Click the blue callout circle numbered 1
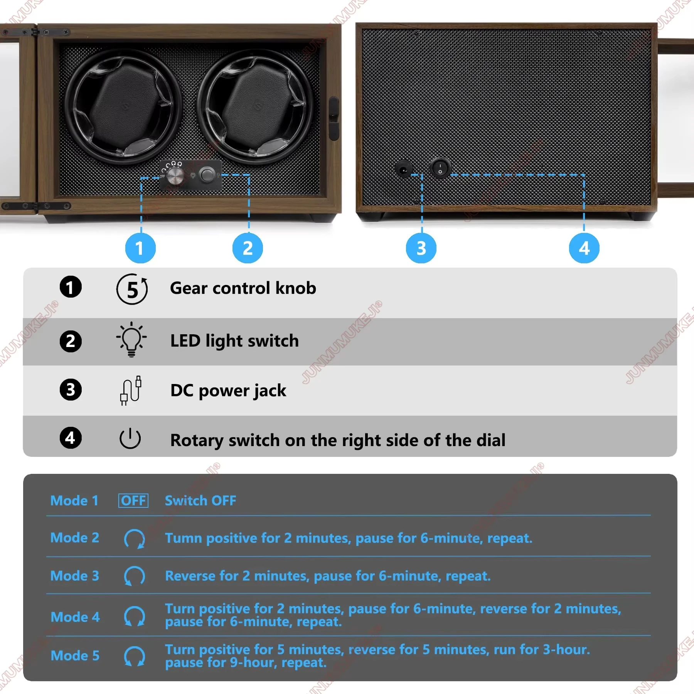tap(140, 248)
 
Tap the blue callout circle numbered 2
tap(248, 248)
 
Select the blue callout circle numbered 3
tap(421, 248)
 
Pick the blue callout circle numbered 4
tap(584, 248)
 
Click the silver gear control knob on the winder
tap(175, 176)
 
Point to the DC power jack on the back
tap(404, 169)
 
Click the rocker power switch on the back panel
tap(440, 168)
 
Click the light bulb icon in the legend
tap(131, 339)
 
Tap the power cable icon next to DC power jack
tap(131, 390)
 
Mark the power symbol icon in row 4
tap(130, 438)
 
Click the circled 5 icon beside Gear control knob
tap(132, 289)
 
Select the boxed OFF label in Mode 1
tap(133, 500)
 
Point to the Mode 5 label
tap(75, 655)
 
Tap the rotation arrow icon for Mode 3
tap(134, 576)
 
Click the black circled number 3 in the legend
tap(71, 389)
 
